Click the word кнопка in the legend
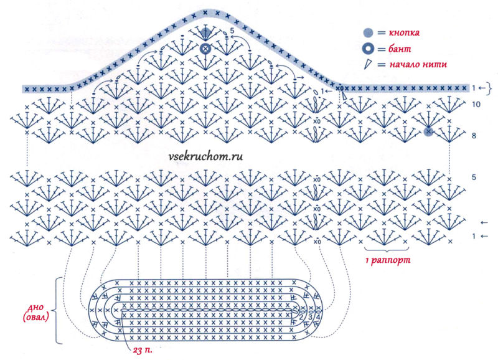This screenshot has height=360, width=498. [406, 32]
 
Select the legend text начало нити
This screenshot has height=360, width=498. [416, 64]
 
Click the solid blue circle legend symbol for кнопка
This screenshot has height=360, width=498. [369, 32]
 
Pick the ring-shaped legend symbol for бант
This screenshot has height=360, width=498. [369, 48]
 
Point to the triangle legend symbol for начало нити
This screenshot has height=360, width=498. [368, 64]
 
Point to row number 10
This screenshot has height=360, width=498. [475, 106]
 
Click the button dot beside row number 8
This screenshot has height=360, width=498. [428, 131]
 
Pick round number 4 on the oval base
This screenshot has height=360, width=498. [319, 318]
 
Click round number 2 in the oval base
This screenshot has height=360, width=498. [301, 318]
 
